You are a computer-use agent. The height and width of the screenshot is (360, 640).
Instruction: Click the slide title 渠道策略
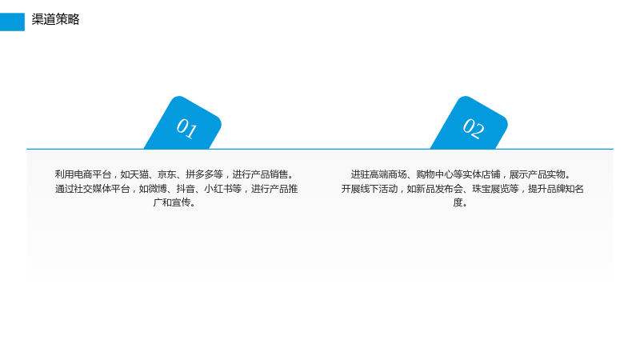55,19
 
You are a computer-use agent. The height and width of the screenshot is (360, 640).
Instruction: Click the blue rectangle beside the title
12,22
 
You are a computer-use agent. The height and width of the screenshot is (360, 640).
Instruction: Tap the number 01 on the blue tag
186,128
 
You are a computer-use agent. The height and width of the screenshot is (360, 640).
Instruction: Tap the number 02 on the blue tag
474,128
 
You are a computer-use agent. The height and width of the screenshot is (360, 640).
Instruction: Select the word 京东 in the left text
167,174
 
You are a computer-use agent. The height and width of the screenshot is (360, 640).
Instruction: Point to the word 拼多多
199,174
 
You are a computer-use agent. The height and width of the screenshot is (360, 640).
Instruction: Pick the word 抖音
186,189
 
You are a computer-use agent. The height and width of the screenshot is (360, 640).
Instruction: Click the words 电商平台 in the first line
92,174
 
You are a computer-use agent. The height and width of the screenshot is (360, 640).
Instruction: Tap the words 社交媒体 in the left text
92,189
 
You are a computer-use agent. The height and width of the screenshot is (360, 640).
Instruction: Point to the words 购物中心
434,174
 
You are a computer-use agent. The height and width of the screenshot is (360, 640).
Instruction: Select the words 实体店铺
482,174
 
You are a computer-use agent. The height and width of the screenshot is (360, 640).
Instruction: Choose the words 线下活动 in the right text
378,189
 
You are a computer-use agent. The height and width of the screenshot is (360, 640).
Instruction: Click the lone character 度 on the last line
458,202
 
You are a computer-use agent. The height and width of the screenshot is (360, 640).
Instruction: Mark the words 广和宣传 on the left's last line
172,202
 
